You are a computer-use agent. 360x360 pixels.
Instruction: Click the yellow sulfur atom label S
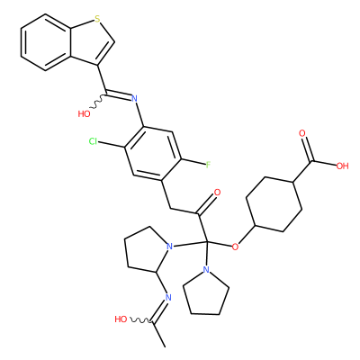[x=97, y=20]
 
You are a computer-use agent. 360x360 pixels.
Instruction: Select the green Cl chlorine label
[x=94, y=141]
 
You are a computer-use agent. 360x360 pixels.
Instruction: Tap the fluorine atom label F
[x=208, y=165]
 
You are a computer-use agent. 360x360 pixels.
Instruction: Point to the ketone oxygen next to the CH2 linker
[x=217, y=193]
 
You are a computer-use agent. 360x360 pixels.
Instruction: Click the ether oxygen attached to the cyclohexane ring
[x=236, y=247]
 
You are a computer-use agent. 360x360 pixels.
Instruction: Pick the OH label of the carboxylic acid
[x=342, y=166]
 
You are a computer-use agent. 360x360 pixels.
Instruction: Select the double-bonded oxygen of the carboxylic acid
[x=301, y=133]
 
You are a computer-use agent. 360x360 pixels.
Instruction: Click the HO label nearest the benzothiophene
[x=84, y=114]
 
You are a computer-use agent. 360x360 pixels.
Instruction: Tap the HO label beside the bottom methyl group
[x=121, y=319]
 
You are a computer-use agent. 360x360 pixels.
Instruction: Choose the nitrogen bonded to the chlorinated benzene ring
[x=134, y=98]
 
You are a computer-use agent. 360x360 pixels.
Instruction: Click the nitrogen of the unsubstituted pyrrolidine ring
[x=206, y=269]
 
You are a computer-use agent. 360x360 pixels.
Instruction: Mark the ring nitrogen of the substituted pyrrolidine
[x=170, y=247]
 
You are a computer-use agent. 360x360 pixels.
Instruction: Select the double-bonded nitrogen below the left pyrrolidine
[x=168, y=298]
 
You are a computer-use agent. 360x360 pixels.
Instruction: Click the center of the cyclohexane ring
[x=274, y=204]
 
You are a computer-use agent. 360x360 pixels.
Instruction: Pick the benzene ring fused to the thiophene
[x=46, y=42]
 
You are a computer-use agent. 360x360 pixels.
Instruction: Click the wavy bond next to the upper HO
[x=98, y=102]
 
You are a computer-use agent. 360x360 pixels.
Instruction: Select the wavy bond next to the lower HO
[x=140, y=321]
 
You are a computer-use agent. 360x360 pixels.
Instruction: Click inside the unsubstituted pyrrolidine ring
[x=206, y=294]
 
